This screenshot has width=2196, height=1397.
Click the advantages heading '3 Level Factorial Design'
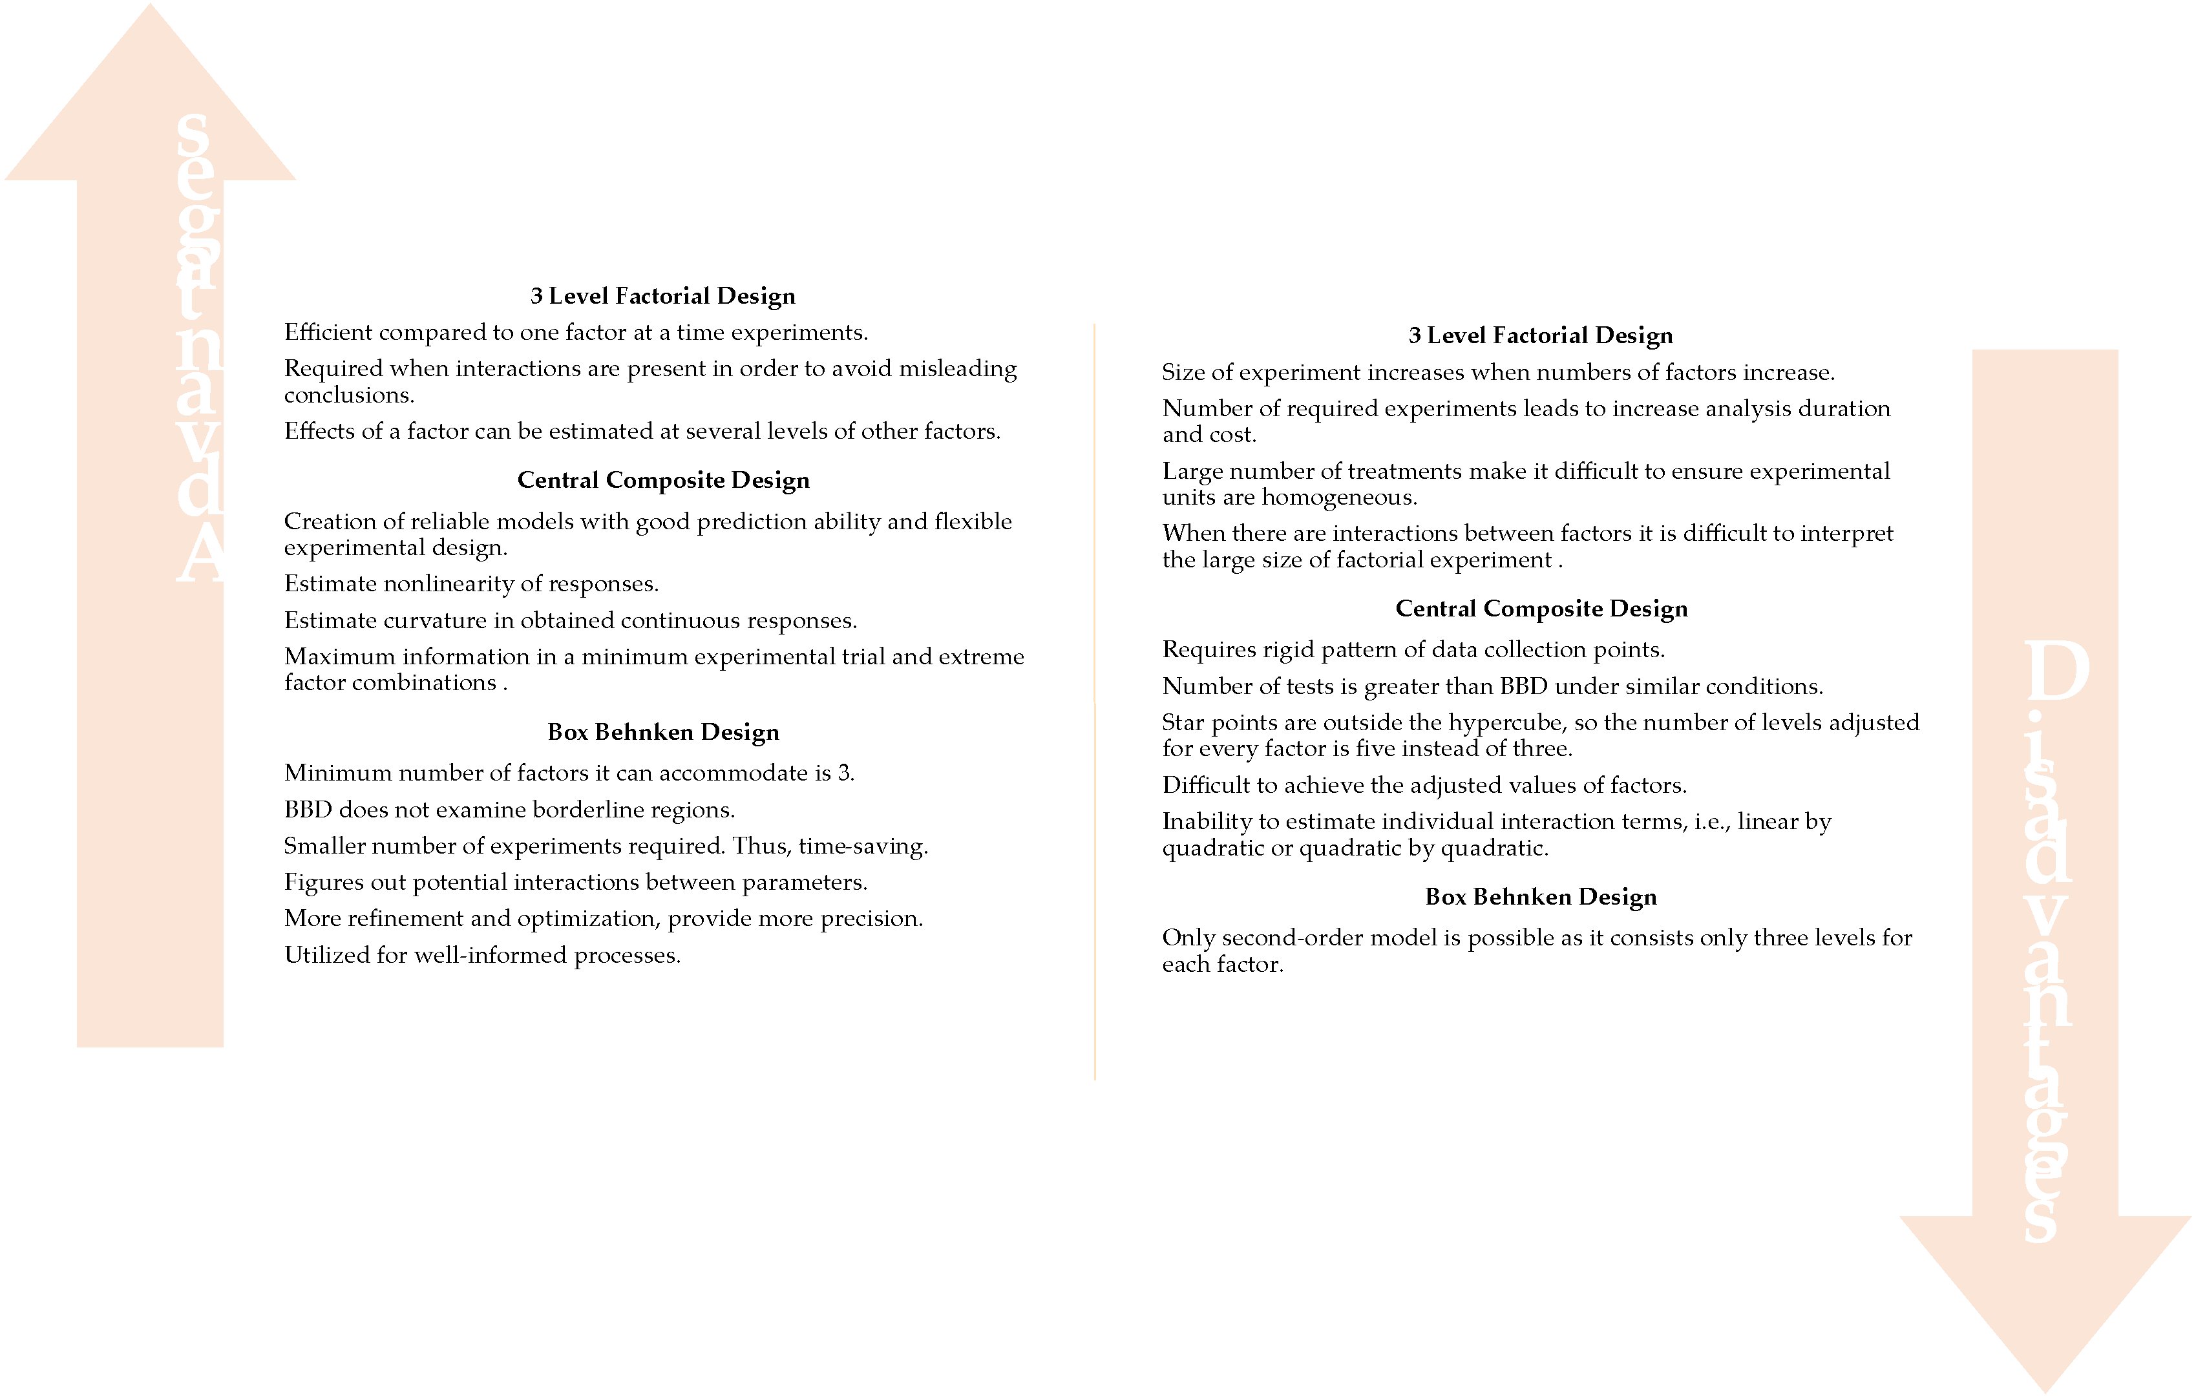(663, 297)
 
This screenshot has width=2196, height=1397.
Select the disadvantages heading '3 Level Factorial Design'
(1540, 335)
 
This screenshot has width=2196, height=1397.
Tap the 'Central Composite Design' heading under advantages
(663, 481)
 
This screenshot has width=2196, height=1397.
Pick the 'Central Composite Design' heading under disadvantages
(1541, 609)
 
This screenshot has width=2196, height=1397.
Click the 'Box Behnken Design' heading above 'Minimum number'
(663, 732)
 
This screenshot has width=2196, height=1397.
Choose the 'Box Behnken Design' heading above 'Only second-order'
(1540, 898)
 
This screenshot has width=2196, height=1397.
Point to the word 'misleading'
(958, 370)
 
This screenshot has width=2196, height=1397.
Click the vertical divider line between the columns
(1094, 702)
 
